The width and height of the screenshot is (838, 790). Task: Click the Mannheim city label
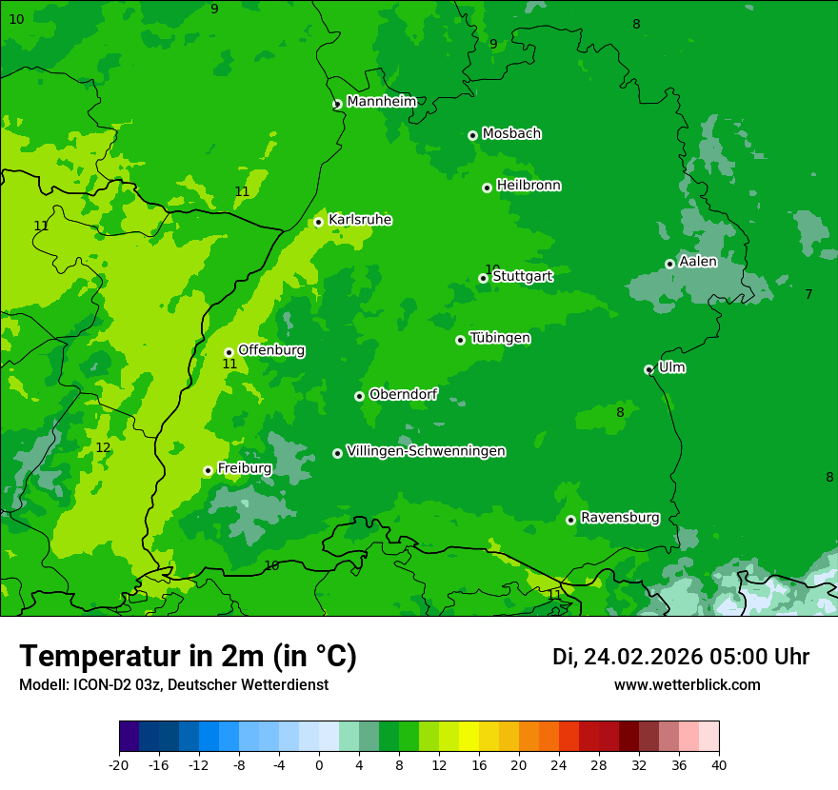pos(381,101)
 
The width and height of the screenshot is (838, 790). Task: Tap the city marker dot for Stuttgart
pos(483,278)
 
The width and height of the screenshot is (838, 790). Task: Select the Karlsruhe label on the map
pos(360,220)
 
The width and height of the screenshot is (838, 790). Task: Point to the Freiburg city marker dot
pos(208,470)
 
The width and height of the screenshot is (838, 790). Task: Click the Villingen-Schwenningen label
pos(426,451)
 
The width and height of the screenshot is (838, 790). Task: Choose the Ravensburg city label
pos(620,518)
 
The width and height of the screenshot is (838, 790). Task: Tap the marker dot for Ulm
pos(648,369)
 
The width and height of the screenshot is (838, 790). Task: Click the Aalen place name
pos(698,262)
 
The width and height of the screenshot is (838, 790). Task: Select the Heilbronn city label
pos(529,186)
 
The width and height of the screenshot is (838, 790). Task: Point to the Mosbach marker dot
pos(472,135)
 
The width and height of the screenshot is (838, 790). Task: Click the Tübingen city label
pos(500,338)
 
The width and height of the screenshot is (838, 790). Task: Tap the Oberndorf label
pos(404,394)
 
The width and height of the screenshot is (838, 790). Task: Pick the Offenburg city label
pos(271,350)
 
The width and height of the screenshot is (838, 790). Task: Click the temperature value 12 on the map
pos(103,447)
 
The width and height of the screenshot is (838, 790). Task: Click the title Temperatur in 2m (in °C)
pos(188,657)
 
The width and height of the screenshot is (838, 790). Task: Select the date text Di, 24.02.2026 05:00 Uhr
pos(680,657)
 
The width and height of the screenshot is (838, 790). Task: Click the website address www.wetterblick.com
pos(687,685)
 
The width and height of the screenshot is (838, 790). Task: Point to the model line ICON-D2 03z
pos(173,685)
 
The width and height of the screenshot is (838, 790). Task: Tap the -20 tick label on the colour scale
pos(119,765)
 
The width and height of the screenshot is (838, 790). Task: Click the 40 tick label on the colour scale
pos(718,765)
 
